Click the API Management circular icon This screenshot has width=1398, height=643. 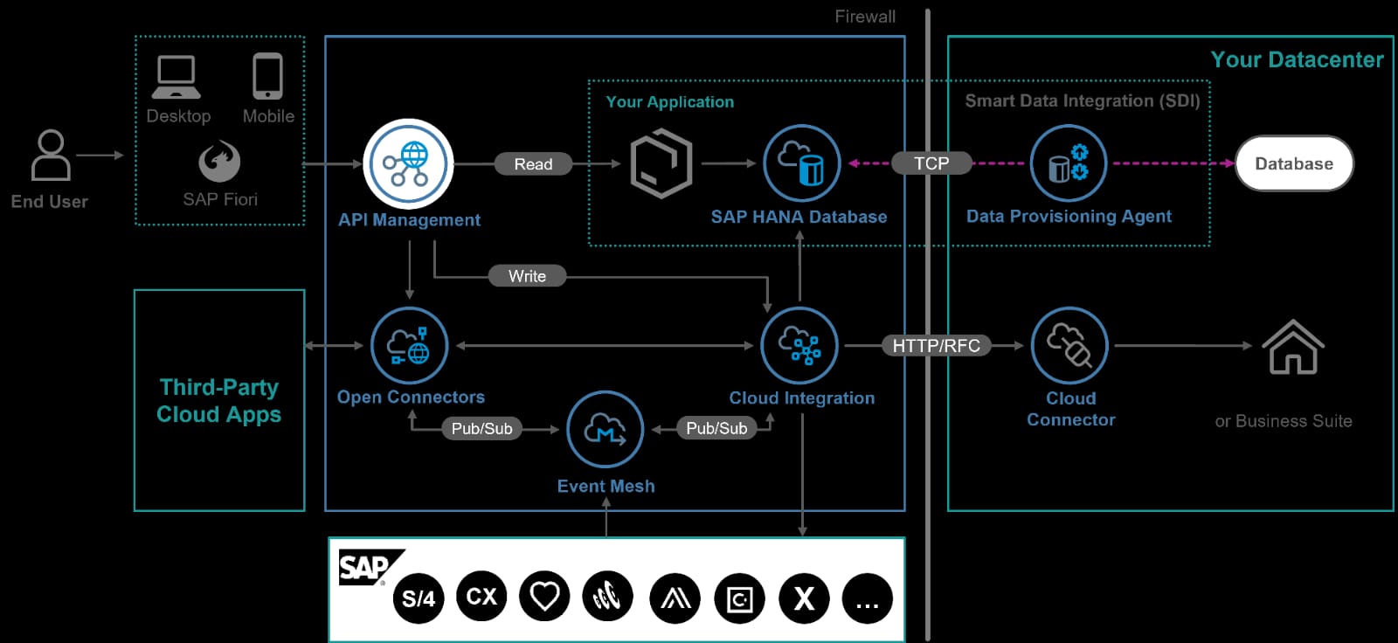click(408, 164)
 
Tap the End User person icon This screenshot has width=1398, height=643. click(51, 156)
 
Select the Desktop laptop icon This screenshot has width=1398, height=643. click(176, 77)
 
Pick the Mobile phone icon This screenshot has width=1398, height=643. click(267, 76)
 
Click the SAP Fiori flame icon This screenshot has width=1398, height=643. click(219, 161)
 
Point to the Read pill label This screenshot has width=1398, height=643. click(533, 164)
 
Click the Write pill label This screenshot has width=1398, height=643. click(527, 276)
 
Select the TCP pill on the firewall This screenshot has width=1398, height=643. click(931, 163)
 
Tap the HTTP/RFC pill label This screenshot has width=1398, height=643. click(936, 346)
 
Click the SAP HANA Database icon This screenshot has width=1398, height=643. click(801, 163)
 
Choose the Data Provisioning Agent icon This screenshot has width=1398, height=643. click(1068, 163)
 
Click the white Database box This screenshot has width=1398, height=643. click(1294, 163)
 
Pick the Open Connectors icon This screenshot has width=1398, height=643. click(409, 346)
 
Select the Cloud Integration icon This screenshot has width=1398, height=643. click(799, 346)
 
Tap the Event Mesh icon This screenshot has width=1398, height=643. click(605, 430)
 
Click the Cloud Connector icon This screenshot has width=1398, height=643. click(1069, 346)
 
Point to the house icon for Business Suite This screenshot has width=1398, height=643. click(1293, 347)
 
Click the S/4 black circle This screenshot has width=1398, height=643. click(419, 598)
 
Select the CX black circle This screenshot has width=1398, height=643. click(481, 596)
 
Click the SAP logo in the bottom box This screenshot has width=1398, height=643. click(365, 568)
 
